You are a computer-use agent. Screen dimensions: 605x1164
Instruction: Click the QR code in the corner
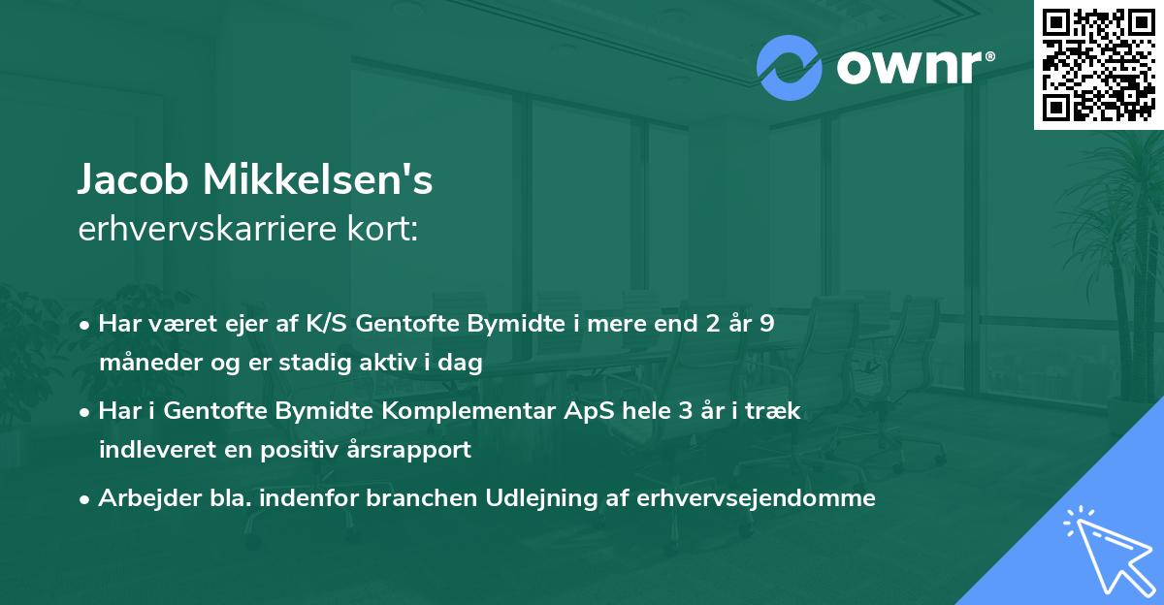pos(1099,65)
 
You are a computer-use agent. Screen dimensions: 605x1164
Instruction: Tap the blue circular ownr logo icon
pos(789,68)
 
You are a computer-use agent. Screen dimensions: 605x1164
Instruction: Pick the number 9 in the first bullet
pos(766,324)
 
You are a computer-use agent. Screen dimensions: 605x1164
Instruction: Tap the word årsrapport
pos(412,450)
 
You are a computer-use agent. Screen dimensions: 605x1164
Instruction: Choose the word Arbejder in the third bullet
pos(141,498)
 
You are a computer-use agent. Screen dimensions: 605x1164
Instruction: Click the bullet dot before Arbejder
pos(86,499)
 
